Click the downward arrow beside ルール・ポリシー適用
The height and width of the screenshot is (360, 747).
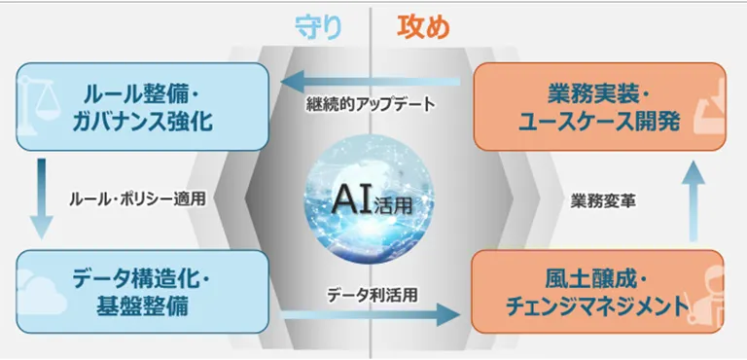coord(41,198)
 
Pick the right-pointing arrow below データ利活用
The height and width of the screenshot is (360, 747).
coord(370,314)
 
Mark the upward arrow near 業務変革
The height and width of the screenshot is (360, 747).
coord(698,200)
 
